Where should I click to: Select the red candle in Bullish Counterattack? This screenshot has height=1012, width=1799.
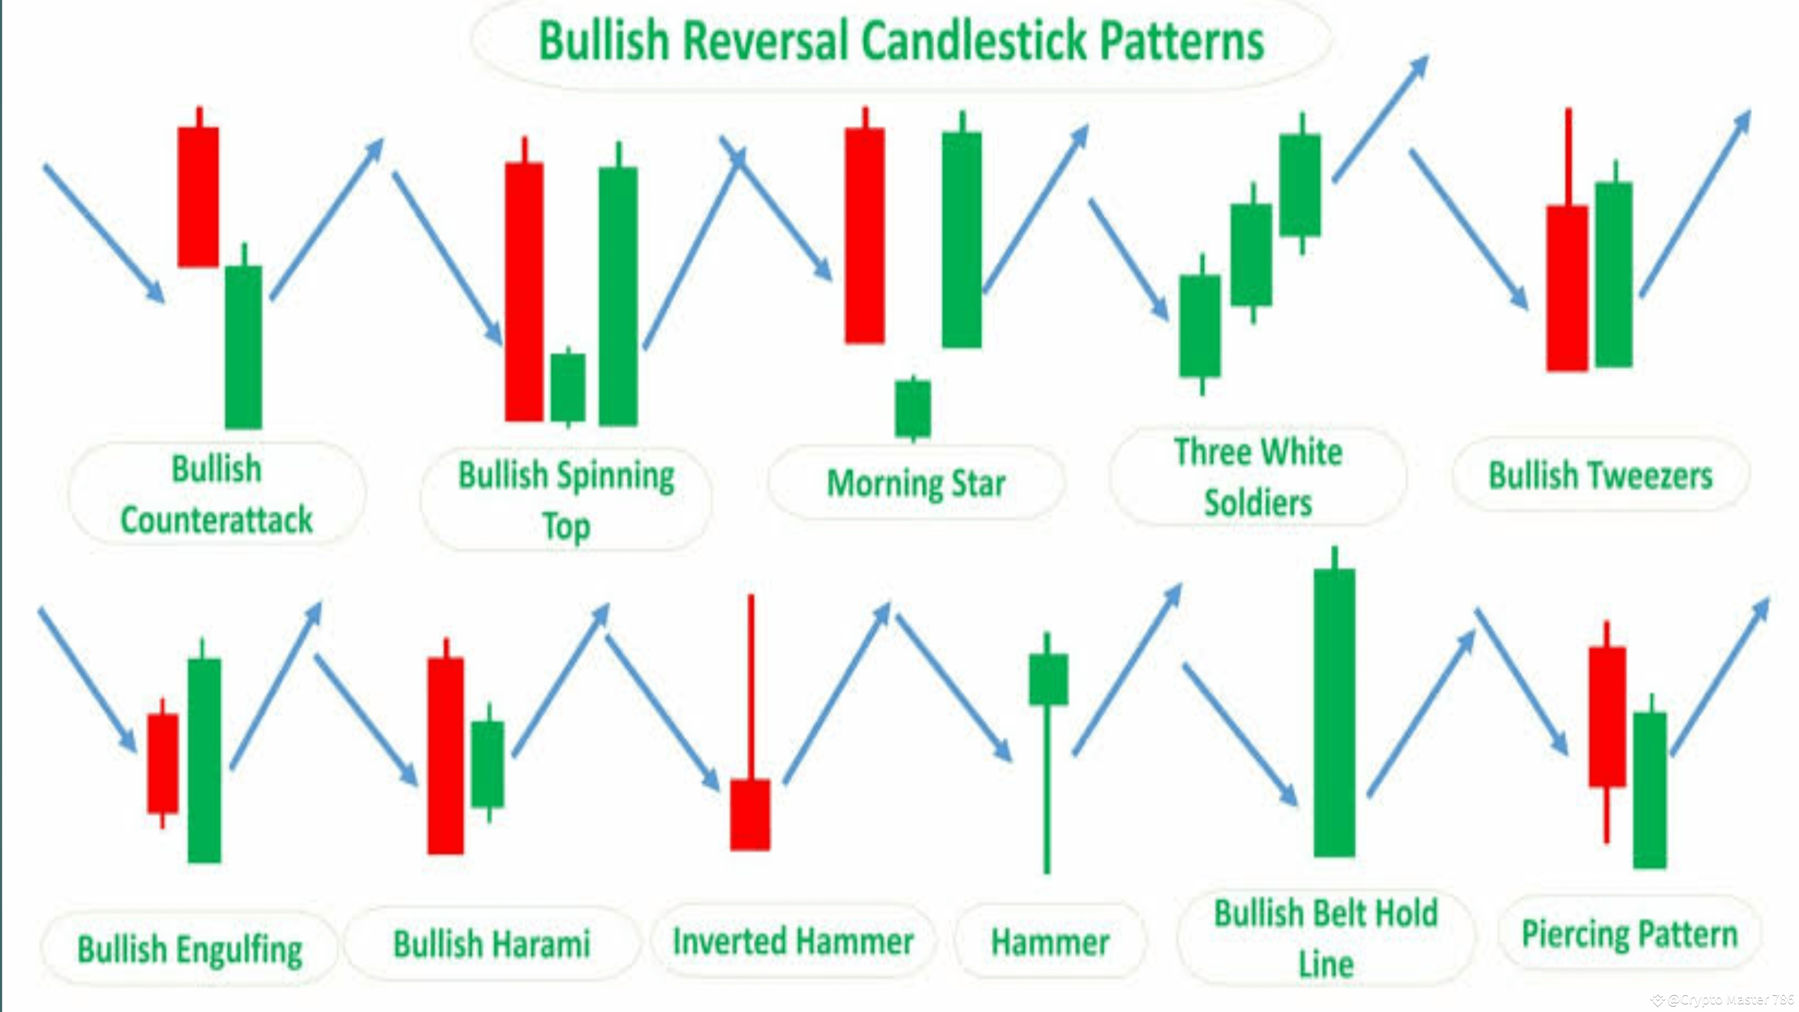198,196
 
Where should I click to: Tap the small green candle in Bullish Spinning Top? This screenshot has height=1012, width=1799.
568,387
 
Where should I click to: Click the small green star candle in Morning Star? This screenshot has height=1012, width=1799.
913,408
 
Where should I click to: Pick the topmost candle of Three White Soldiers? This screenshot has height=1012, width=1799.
1300,185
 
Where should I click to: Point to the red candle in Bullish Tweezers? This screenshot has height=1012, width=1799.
1566,288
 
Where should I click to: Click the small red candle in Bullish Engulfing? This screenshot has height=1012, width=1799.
163,763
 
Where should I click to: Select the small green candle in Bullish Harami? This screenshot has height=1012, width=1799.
487,764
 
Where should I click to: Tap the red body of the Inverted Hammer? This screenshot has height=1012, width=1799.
750,814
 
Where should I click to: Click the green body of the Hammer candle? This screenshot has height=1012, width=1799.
1048,679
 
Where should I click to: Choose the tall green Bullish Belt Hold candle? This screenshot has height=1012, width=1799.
1334,712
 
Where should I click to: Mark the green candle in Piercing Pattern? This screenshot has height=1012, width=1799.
1650,789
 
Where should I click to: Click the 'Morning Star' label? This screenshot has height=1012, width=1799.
915,483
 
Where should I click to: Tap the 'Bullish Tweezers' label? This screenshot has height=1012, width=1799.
1600,476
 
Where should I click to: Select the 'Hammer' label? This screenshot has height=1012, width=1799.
1049,942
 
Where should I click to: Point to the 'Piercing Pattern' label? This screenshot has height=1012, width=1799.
1629,934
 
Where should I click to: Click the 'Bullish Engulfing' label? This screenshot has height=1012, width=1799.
189,949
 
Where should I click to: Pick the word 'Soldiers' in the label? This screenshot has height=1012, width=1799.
1258,503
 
